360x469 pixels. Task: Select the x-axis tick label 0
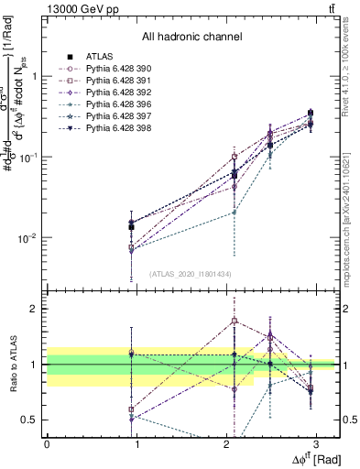tap(47, 446)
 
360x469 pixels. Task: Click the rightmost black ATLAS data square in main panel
tap(311, 115)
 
